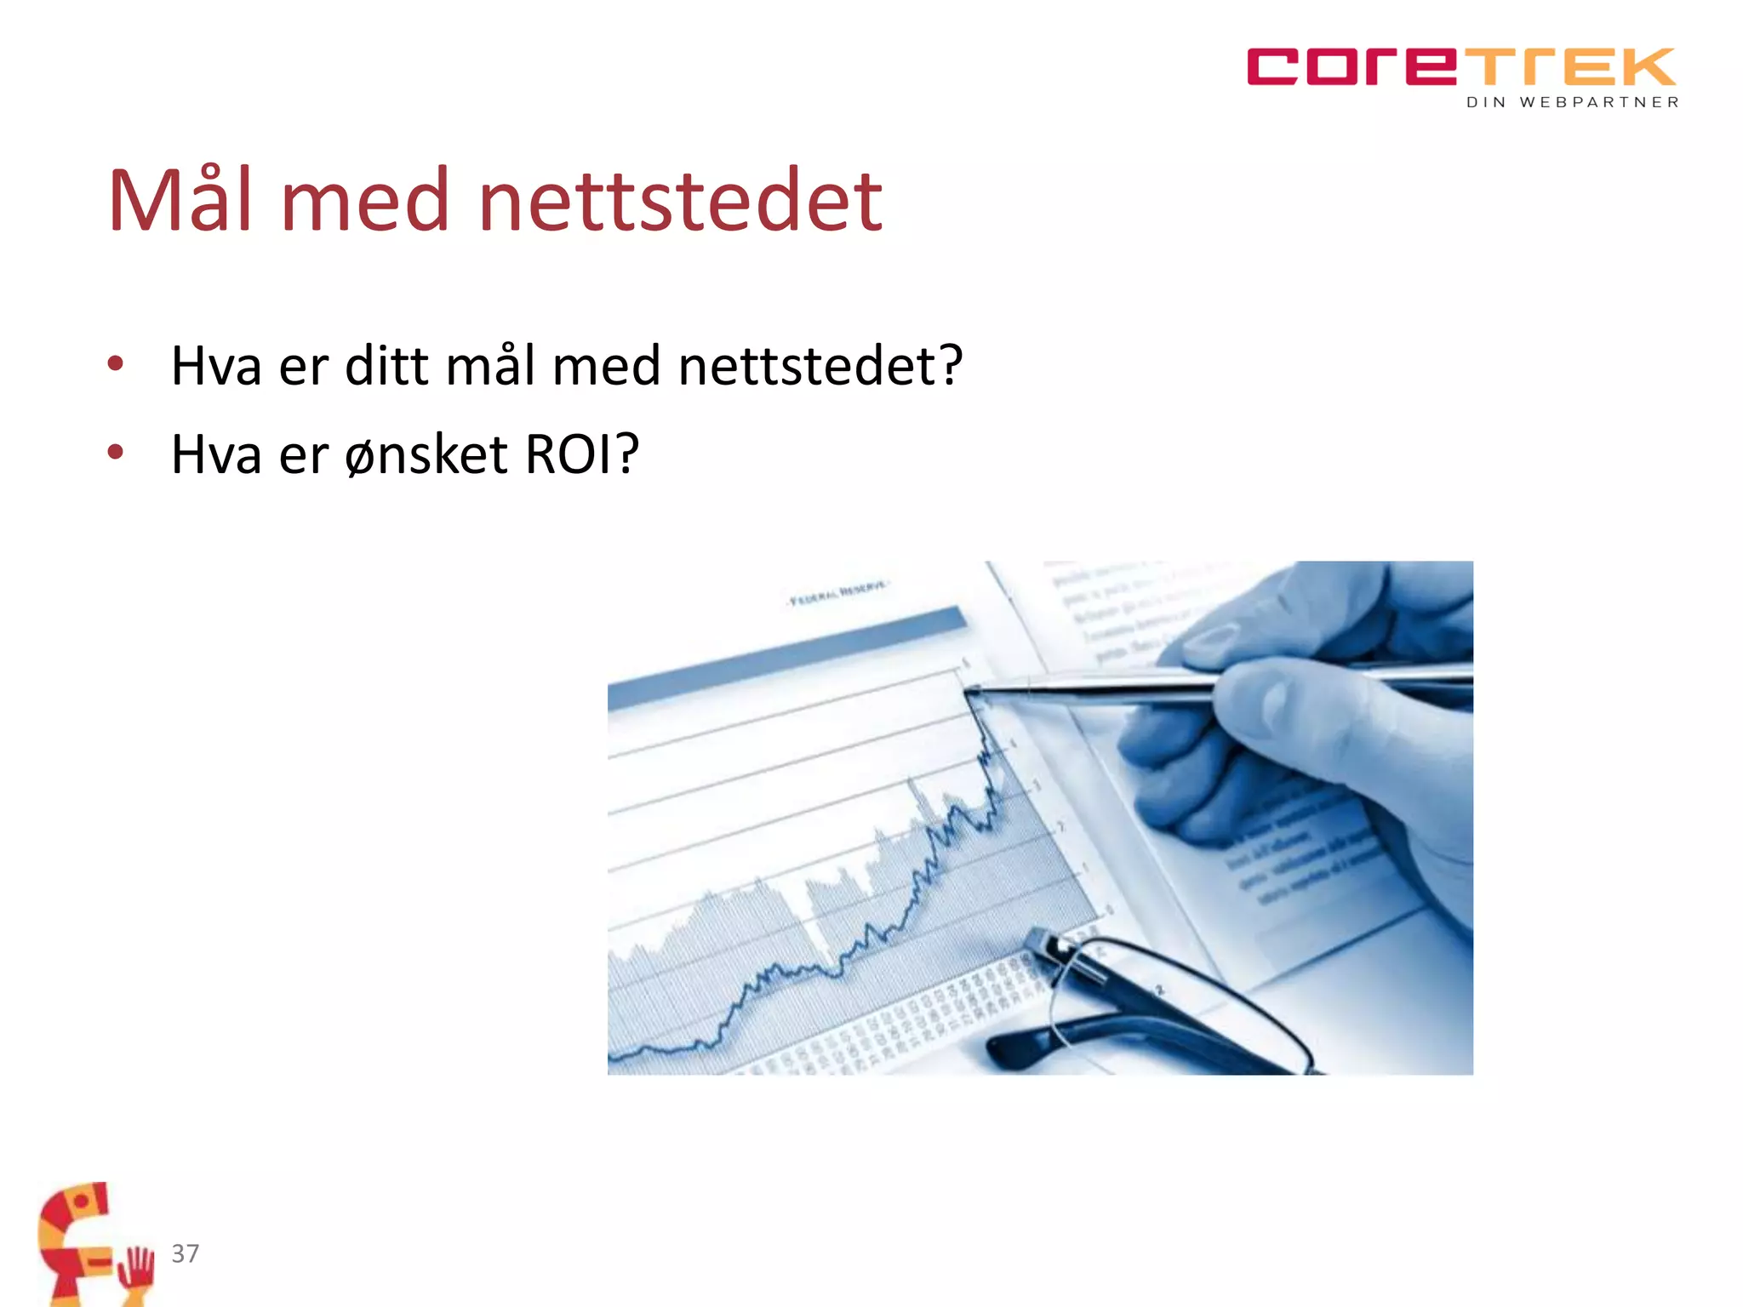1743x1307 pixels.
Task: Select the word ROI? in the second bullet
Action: tap(581, 454)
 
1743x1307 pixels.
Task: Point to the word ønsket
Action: tap(426, 454)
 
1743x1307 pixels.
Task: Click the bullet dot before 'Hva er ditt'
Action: tap(116, 365)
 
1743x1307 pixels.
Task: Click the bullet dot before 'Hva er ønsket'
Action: tap(116, 453)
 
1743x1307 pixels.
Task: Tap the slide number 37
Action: tap(186, 1253)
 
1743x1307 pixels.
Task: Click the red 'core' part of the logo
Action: tap(1353, 67)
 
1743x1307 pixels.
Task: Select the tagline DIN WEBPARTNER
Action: tap(1573, 103)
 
